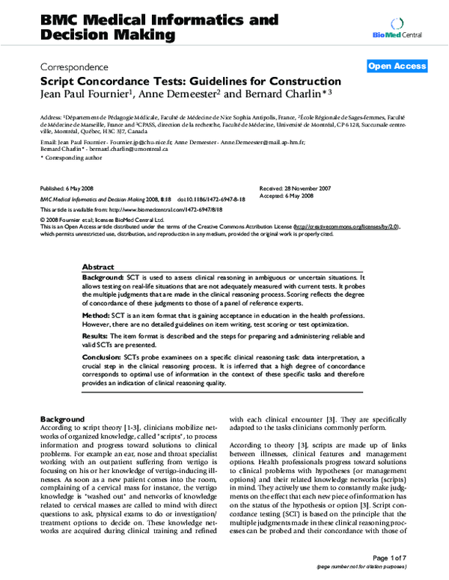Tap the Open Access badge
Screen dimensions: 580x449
397,67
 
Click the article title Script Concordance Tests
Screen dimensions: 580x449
191,81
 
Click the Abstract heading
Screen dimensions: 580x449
97,267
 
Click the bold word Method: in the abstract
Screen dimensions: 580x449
97,316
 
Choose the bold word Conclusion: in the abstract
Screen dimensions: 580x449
103,358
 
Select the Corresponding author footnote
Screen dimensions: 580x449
68,158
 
